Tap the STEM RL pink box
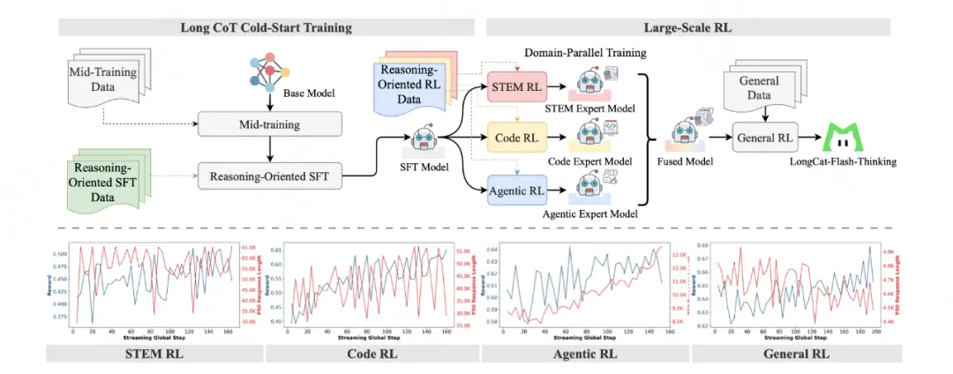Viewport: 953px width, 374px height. click(517, 89)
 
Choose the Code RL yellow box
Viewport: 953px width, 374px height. click(517, 139)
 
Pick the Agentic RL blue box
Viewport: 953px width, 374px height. click(517, 190)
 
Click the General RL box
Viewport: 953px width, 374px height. click(765, 138)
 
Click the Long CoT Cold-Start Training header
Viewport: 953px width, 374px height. click(266, 27)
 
